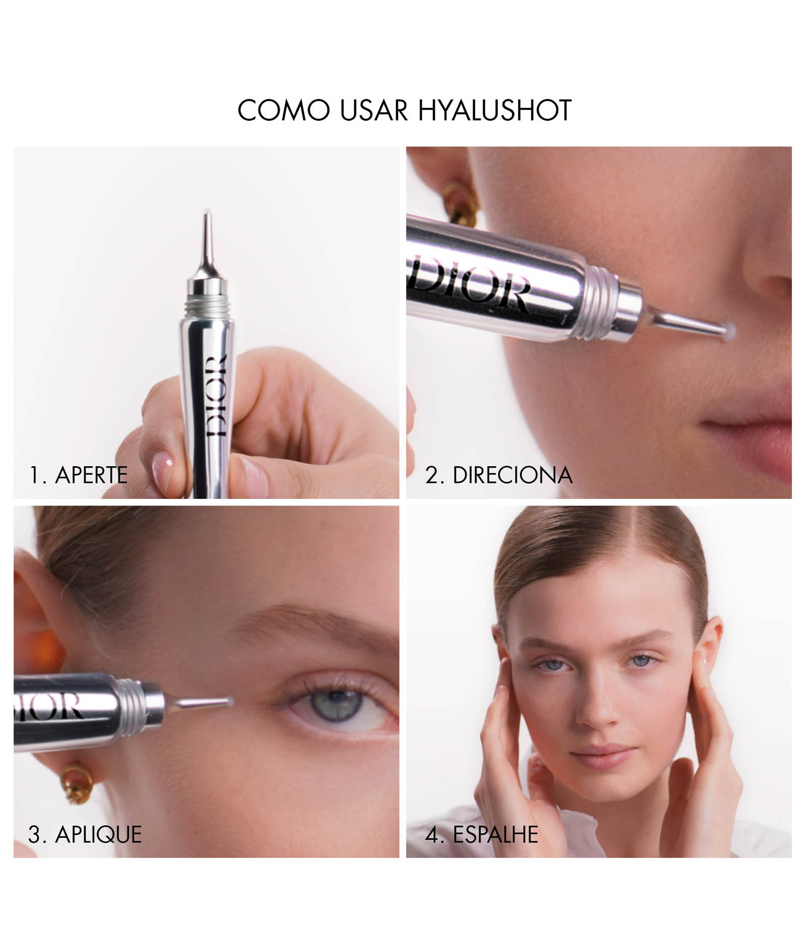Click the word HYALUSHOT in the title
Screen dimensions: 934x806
point(495,110)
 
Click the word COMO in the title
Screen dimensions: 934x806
point(283,110)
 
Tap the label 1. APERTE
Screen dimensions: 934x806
point(79,475)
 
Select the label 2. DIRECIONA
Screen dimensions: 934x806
point(499,475)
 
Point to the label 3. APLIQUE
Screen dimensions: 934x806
point(85,834)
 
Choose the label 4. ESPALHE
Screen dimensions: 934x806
point(482,834)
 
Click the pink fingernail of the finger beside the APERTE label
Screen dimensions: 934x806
point(162,461)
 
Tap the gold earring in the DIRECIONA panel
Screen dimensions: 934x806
point(458,201)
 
